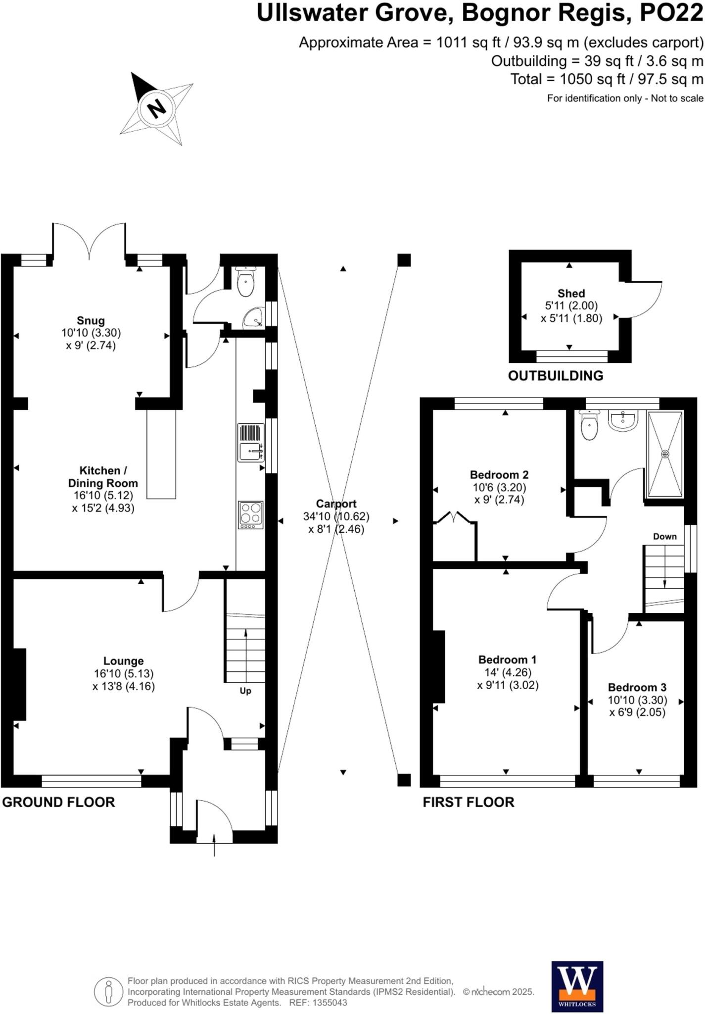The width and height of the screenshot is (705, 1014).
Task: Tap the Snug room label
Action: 91,320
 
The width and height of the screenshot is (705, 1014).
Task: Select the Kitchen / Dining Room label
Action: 102,477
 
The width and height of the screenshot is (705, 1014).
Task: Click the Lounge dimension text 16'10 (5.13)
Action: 124,673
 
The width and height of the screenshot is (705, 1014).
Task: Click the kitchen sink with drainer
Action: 251,442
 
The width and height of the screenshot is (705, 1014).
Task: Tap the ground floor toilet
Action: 246,283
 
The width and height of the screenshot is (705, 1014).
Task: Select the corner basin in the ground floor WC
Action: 255,318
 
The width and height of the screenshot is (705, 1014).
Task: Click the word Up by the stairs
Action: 245,691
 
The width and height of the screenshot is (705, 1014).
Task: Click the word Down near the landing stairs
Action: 664,536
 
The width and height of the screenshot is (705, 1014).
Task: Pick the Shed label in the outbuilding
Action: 571,293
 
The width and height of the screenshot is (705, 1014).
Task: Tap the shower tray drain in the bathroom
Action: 665,454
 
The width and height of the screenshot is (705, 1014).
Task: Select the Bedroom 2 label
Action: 499,474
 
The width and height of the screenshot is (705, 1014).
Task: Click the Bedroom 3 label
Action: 637,687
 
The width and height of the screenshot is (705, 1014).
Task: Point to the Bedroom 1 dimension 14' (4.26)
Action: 508,672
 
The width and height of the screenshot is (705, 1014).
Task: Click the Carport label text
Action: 336,504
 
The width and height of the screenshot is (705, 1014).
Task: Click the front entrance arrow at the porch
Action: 214,844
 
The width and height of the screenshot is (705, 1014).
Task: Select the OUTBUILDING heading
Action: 555,376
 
